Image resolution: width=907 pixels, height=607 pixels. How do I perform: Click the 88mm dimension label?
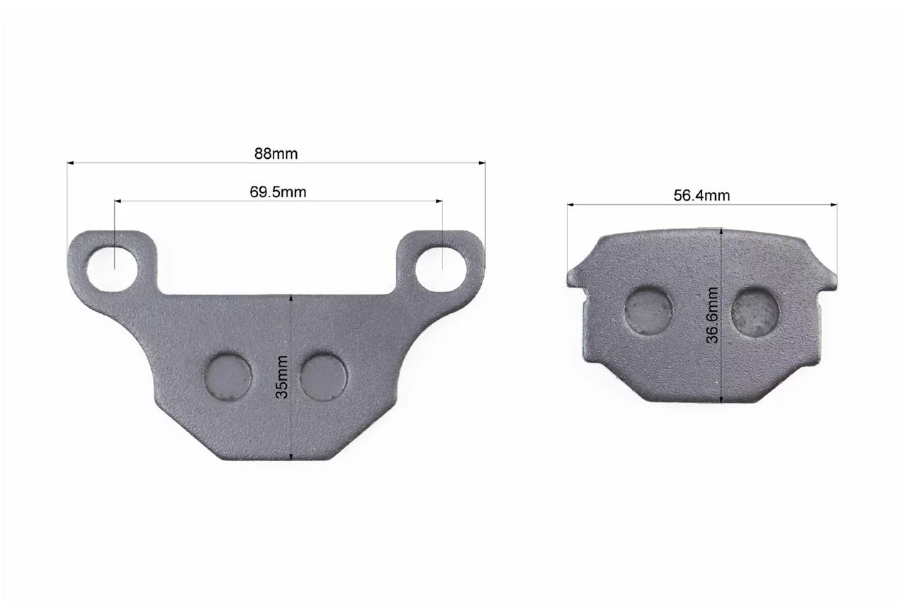(276, 154)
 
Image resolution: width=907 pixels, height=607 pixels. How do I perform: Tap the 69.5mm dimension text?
(278, 191)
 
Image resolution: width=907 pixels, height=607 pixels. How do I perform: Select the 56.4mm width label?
(702, 195)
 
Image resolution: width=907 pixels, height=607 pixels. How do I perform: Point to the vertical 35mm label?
(281, 377)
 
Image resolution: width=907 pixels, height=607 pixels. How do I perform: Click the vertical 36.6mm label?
(712, 315)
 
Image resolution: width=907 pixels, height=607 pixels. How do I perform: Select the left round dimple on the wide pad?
(228, 377)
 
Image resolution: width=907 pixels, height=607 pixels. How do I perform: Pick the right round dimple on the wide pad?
(323, 377)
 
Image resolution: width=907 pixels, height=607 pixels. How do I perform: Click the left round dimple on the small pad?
(648, 311)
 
